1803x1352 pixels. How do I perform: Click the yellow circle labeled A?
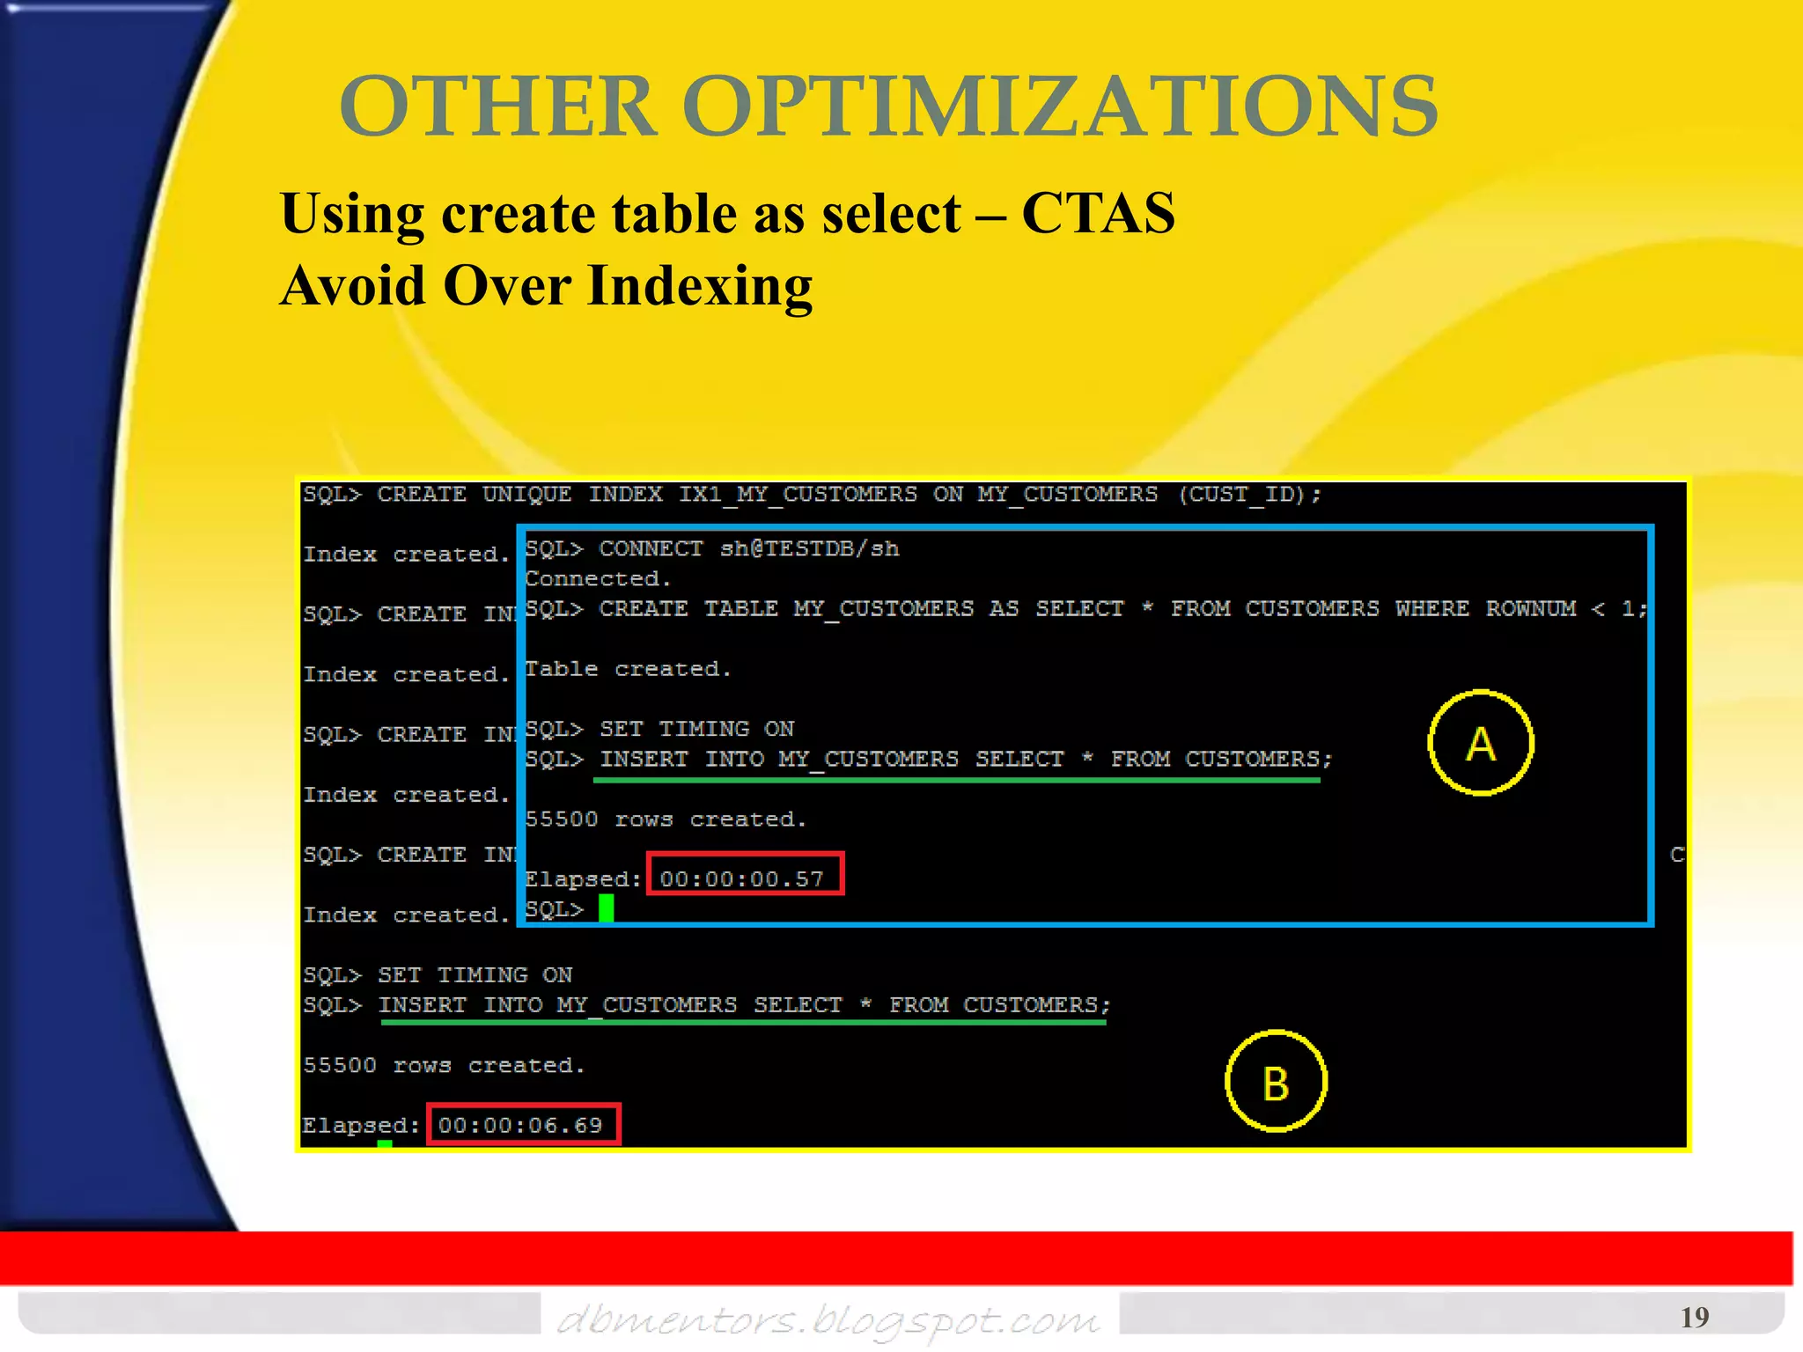[x=1481, y=744]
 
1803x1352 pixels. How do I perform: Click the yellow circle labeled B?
[x=1276, y=1082]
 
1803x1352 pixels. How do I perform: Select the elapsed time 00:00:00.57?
[x=742, y=878]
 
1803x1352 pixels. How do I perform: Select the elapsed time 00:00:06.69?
[x=521, y=1125]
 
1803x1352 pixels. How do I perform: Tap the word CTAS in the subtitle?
[x=1098, y=213]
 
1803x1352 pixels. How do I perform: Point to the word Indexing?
[x=700, y=285]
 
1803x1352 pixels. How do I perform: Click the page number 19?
[x=1694, y=1317]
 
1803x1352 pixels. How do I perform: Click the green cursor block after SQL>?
[x=606, y=907]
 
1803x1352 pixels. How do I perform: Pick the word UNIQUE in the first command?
[x=526, y=495]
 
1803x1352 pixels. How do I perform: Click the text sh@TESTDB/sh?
[x=809, y=549]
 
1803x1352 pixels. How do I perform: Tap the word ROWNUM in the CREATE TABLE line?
[x=1530, y=609]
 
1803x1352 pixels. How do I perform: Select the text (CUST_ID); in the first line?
[x=1249, y=495]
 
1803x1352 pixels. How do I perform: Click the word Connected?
[x=598, y=579]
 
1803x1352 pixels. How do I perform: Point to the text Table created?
[x=628, y=669]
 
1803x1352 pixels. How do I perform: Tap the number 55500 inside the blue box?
[x=561, y=819]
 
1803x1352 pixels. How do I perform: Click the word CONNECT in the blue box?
[x=651, y=549]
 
